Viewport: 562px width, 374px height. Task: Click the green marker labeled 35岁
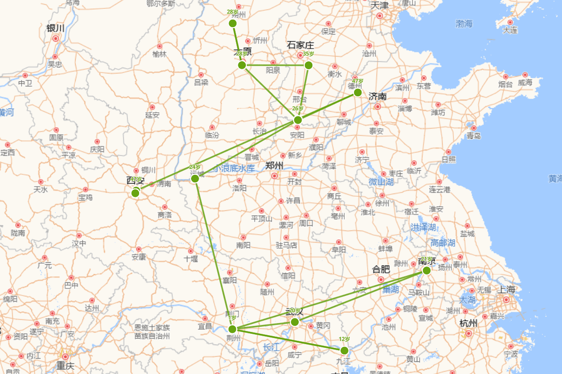[308, 65]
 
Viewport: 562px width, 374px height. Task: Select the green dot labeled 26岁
[298, 120]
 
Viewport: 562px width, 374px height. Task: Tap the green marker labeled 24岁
[195, 178]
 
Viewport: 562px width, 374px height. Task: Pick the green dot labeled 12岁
[344, 351]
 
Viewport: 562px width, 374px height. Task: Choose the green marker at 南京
[426, 270]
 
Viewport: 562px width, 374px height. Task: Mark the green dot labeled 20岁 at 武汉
[295, 322]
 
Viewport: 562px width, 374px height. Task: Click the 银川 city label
[55, 28]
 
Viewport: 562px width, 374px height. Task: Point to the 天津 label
[380, 6]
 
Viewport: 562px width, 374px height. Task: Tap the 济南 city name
[377, 96]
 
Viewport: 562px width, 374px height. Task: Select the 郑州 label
[274, 165]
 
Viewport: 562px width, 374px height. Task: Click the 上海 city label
[507, 289]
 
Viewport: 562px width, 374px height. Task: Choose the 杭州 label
[468, 323]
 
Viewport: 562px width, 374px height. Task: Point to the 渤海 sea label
[465, 23]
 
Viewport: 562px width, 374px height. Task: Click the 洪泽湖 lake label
[423, 227]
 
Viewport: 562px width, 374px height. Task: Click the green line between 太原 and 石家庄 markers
[275, 65]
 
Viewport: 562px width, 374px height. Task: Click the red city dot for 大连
[510, 22]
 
